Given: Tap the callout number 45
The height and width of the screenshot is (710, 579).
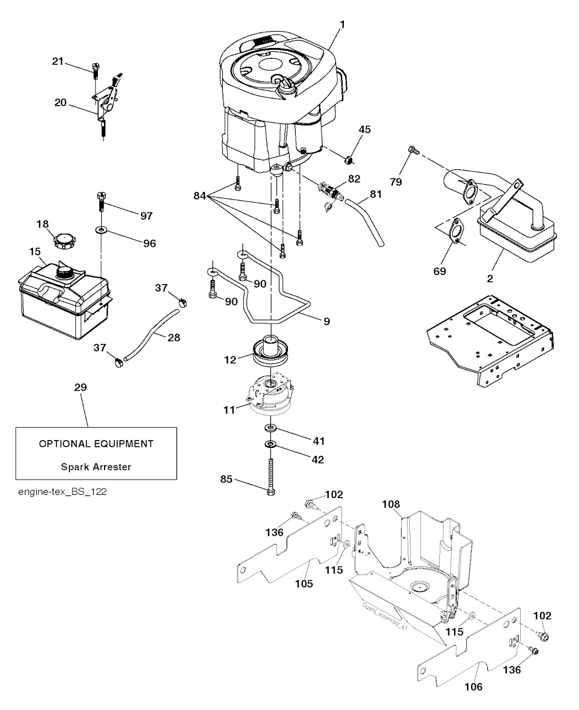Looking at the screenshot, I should tap(365, 130).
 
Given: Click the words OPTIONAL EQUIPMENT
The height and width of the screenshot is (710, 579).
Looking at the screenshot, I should tap(96, 444).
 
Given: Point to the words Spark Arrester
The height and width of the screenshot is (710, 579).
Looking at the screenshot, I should tap(96, 467).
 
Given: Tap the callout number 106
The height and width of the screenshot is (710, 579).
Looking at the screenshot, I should tap(474, 687).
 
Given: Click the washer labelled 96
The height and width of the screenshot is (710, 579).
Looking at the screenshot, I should tap(101, 230).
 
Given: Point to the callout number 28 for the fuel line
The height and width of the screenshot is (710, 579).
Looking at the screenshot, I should tap(174, 337).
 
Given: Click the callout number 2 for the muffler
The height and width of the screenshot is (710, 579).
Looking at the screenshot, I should tap(490, 278).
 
